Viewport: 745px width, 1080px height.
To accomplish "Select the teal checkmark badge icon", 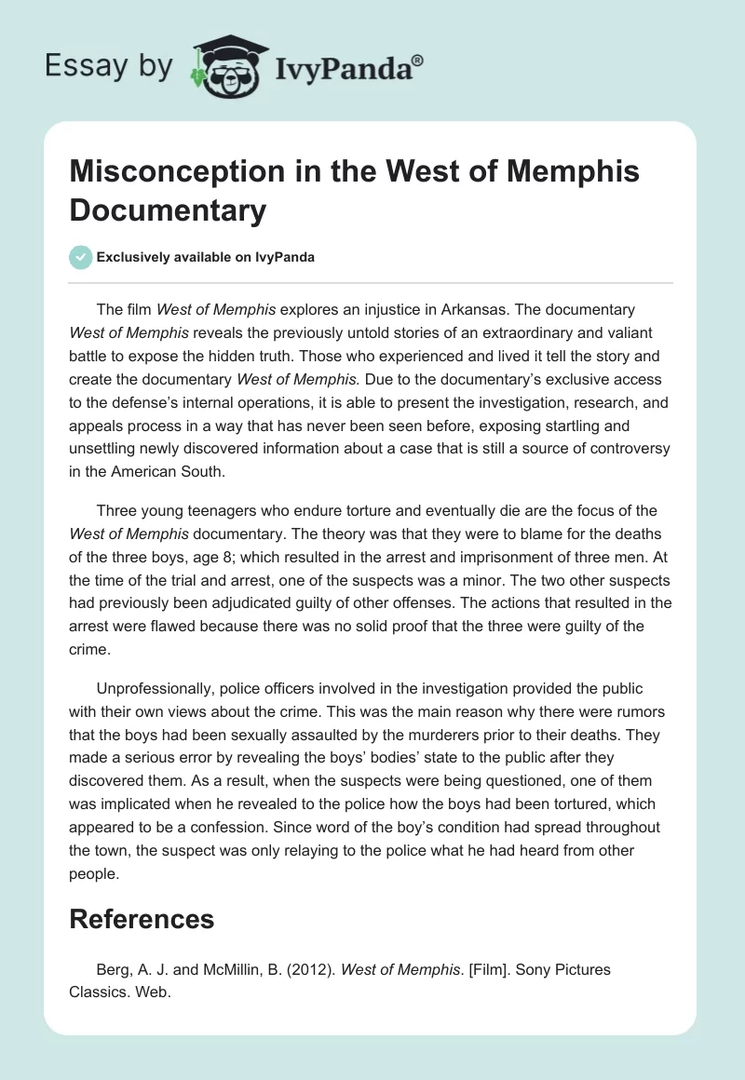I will [81, 257].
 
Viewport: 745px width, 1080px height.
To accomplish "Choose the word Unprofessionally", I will [154, 688].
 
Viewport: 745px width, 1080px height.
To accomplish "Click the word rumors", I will [642, 712].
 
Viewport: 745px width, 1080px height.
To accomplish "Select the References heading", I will [142, 920].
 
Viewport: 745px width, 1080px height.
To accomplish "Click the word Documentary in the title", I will [169, 210].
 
